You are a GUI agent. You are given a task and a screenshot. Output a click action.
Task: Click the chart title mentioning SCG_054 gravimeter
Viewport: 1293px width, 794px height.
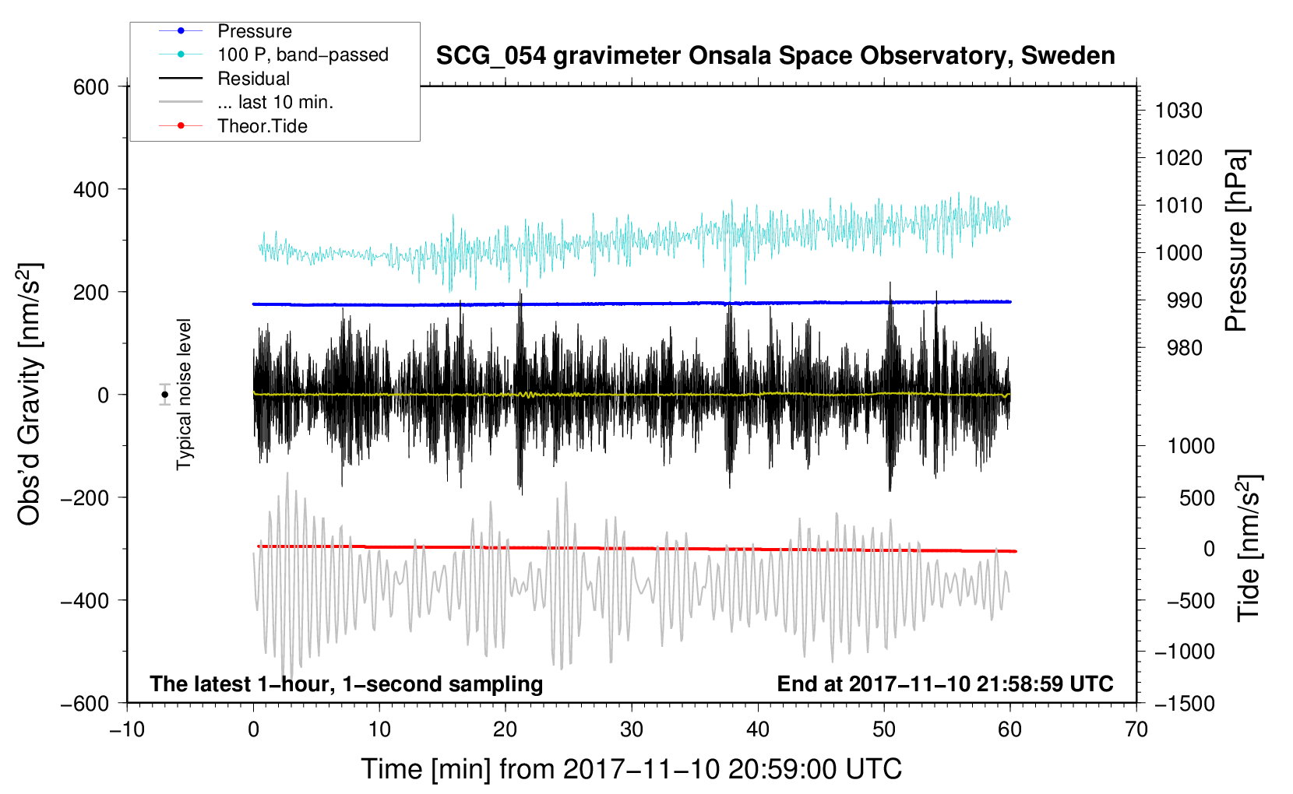click(775, 56)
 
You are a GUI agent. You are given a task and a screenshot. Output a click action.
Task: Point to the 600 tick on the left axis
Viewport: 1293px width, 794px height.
click(91, 87)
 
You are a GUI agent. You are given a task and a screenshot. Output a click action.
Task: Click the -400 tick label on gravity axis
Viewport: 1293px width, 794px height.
click(85, 601)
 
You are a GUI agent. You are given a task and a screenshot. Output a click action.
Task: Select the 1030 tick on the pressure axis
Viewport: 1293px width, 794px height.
click(1178, 111)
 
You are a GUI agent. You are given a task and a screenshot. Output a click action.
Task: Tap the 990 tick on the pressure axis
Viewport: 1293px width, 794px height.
click(1184, 300)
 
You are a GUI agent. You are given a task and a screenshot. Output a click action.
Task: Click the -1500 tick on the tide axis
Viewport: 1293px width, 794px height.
click(1185, 704)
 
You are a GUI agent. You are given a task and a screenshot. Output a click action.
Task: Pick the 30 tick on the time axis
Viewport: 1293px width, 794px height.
click(632, 730)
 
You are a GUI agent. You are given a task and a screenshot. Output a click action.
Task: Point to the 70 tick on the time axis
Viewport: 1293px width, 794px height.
click(1136, 730)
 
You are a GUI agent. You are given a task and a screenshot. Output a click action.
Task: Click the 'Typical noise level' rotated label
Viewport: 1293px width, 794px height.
click(184, 395)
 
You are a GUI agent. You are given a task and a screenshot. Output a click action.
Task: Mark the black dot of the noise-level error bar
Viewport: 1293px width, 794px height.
click(165, 395)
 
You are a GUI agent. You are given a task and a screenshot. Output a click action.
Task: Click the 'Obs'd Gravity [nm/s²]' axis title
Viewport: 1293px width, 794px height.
click(29, 395)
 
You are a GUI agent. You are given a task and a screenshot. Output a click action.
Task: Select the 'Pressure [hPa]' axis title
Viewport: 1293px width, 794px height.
click(1236, 241)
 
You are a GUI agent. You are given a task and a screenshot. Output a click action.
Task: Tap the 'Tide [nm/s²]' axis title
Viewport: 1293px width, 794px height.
click(1249, 548)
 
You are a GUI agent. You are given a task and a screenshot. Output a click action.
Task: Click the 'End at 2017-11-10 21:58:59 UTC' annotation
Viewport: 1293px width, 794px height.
click(945, 683)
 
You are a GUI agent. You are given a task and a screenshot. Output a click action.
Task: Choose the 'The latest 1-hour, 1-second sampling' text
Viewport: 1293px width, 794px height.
click(347, 683)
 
